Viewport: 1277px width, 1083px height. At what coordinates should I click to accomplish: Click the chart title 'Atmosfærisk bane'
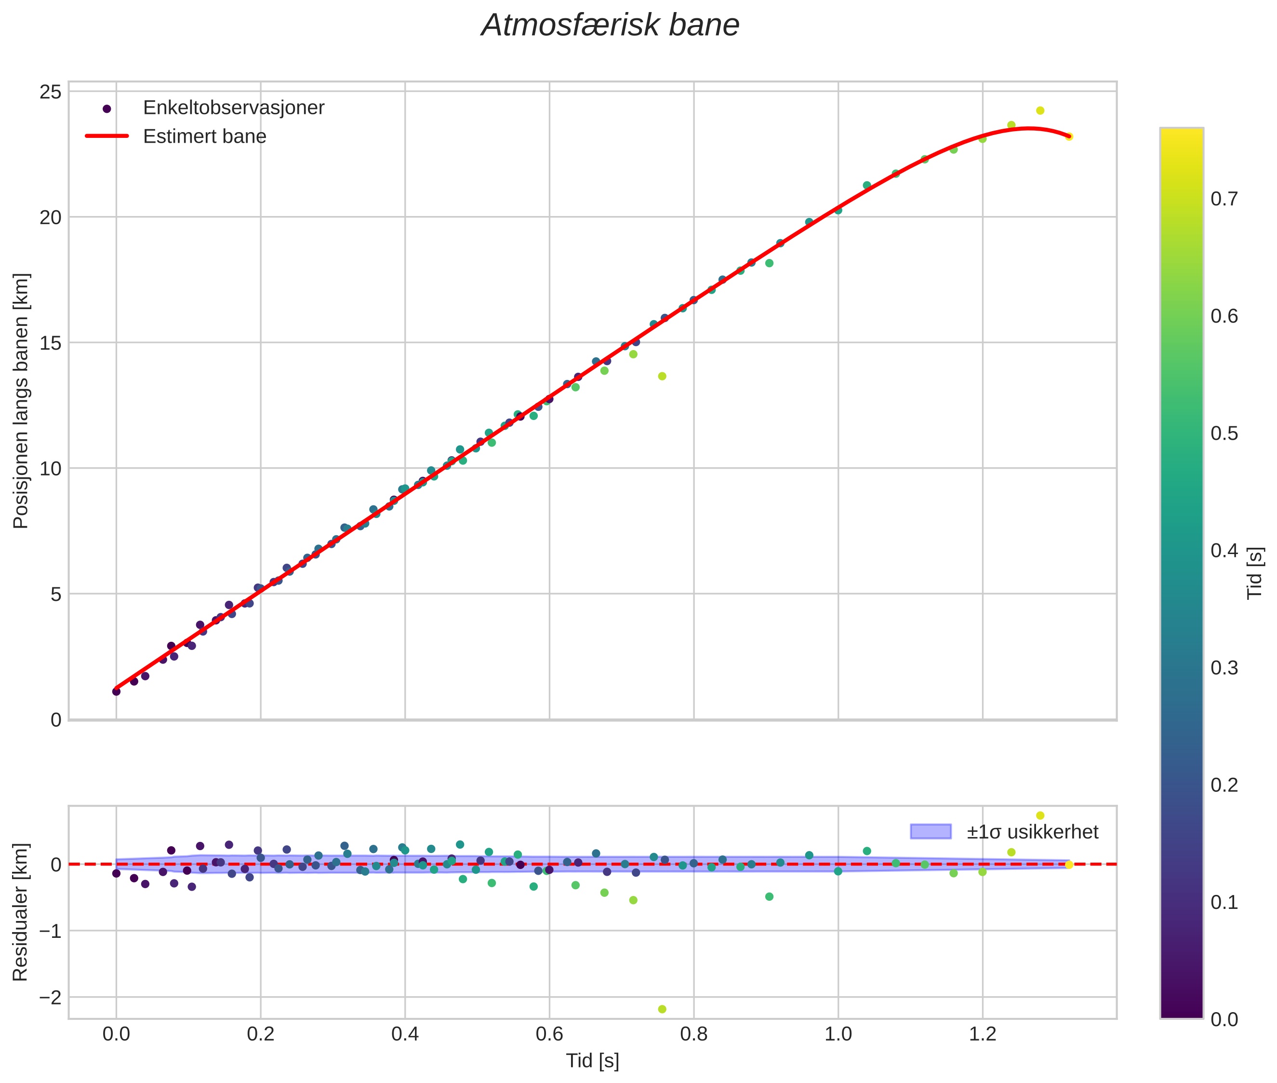coord(610,26)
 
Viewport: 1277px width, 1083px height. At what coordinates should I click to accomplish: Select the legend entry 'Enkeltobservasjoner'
coord(233,108)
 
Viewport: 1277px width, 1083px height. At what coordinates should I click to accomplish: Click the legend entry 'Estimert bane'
coord(204,136)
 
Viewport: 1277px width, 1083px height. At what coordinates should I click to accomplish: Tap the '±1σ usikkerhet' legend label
coord(1032,832)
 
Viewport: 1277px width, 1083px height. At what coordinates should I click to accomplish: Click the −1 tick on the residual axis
coord(50,931)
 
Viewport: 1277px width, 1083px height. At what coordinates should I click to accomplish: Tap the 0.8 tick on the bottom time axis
coord(693,1034)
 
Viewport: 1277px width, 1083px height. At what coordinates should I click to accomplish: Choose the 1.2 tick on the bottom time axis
coord(983,1034)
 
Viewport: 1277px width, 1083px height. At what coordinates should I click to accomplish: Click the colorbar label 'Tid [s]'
coord(1255,573)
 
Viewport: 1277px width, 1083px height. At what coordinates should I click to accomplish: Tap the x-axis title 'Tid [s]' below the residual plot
coord(592,1061)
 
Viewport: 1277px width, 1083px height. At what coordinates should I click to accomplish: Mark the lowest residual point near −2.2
coord(662,1009)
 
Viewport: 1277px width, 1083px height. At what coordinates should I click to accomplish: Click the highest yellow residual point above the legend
coord(1040,816)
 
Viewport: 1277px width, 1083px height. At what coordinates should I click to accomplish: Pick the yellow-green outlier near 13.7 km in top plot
coord(662,376)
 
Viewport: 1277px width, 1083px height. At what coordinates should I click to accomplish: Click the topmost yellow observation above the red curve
coord(1040,110)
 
